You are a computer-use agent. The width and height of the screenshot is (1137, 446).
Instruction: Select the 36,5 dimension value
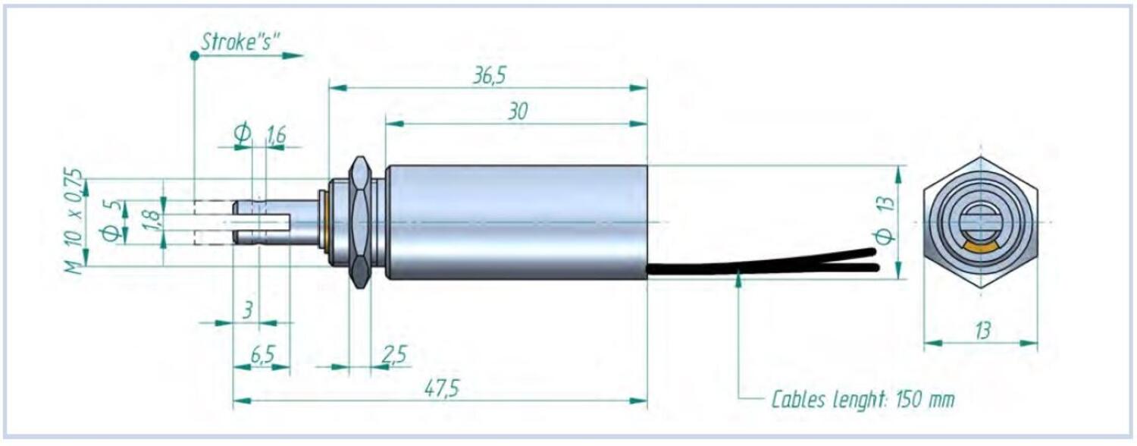pos(490,76)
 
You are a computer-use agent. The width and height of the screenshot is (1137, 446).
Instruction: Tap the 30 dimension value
pos(518,111)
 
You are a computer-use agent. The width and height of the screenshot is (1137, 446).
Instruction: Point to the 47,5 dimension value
pos(442,389)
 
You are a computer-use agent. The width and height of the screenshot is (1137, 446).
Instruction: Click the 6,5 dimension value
pos(262,355)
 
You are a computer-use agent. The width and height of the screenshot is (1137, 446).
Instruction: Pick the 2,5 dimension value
pos(394,355)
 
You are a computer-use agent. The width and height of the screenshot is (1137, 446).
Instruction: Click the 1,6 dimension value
pos(276,135)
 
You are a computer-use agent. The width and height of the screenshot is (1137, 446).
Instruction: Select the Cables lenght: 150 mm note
pos(863,400)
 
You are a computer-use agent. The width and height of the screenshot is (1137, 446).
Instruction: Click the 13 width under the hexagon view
pos(982,331)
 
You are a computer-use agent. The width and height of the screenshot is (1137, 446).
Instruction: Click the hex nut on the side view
pos(360,222)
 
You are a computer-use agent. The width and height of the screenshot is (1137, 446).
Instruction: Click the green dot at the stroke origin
pos(194,56)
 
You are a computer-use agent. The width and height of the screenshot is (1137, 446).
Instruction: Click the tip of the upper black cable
pos(874,252)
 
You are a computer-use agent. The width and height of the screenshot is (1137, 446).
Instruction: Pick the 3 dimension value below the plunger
pos(247,309)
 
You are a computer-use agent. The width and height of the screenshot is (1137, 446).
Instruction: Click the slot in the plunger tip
pos(256,221)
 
